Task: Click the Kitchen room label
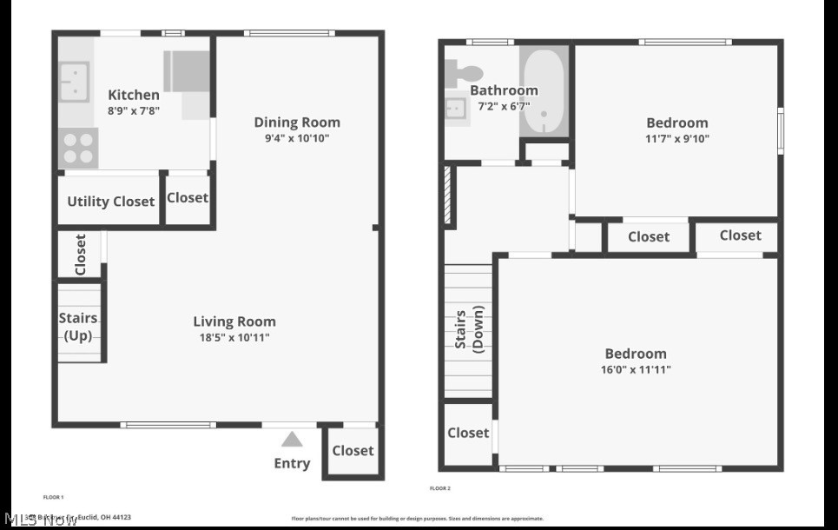pos(134,95)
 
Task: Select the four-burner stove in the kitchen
pos(78,148)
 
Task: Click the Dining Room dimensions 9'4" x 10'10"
pos(297,138)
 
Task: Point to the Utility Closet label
pos(111,202)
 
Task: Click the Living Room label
pos(234,321)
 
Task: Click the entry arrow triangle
pos(292,440)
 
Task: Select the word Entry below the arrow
pos(292,463)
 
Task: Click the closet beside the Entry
pos(353,450)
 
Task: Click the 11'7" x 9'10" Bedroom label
pos(677,123)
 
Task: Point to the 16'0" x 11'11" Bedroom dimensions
pos(637,369)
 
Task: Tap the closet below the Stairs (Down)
pos(468,433)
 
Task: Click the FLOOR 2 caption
pos(440,488)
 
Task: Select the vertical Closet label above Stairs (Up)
pos(81,255)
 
